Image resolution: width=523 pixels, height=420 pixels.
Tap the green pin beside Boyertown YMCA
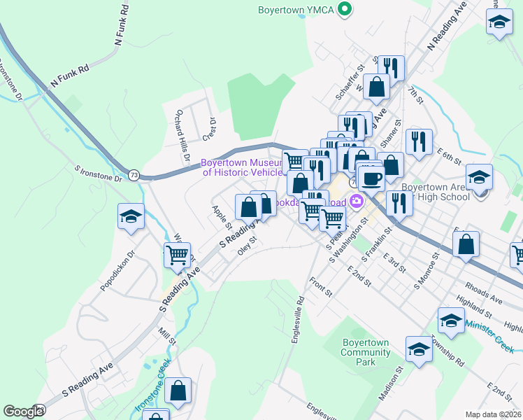point(344,9)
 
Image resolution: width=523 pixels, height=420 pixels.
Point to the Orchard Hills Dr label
point(182,136)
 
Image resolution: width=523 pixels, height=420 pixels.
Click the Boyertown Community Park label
point(365,352)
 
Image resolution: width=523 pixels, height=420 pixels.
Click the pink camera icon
point(358,202)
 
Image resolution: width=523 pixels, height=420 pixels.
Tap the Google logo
point(23,411)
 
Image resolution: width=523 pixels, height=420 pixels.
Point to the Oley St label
point(248,246)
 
